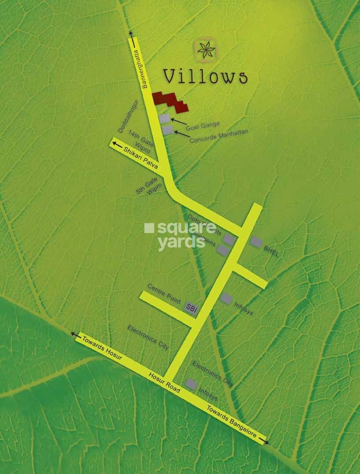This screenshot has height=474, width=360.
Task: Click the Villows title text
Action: point(205,76)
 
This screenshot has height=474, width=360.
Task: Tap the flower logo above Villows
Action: point(206,50)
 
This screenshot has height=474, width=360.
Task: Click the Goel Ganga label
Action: point(202,127)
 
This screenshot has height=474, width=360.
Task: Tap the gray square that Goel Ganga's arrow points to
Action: point(165,118)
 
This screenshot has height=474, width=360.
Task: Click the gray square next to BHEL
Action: point(256,241)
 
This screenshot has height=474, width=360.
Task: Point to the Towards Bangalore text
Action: point(231,420)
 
